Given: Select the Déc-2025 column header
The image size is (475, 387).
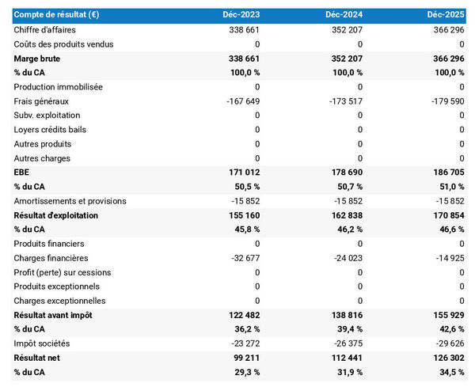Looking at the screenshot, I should point(444,15).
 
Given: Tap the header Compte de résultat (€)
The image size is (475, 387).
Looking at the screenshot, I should point(56,15).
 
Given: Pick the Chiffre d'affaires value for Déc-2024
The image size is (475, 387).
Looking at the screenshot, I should point(345,29).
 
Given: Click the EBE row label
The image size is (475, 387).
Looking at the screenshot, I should point(22,172).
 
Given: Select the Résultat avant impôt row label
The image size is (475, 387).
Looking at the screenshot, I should point(53,315).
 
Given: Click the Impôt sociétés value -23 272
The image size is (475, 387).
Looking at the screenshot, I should point(242,343).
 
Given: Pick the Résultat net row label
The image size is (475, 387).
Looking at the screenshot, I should point(38,358).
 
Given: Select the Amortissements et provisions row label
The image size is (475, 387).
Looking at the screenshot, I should point(70,200).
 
